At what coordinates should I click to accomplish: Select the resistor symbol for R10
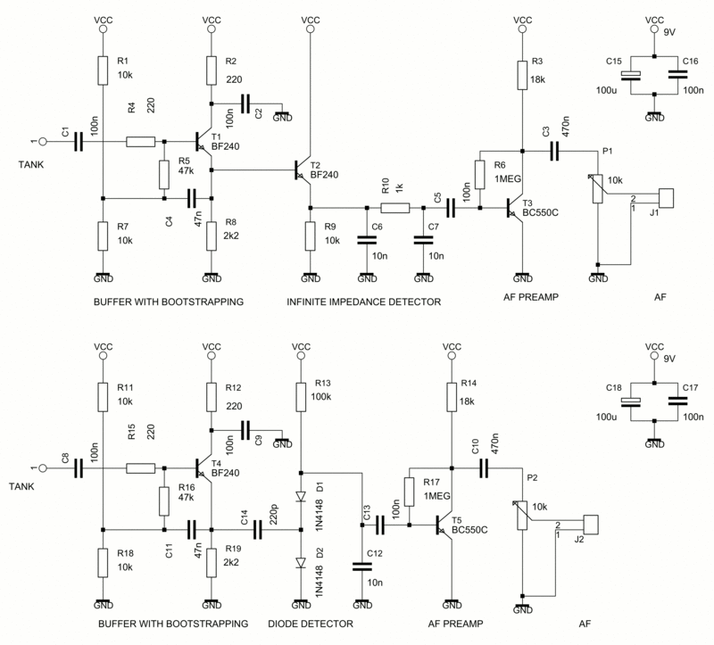(x=395, y=208)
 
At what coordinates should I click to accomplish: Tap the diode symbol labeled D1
(x=301, y=496)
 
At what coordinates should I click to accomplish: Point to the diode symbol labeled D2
(x=301, y=562)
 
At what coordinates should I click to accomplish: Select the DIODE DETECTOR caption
(x=311, y=623)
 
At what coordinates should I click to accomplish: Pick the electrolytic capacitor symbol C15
(x=631, y=76)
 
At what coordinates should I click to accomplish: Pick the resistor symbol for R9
(x=310, y=236)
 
